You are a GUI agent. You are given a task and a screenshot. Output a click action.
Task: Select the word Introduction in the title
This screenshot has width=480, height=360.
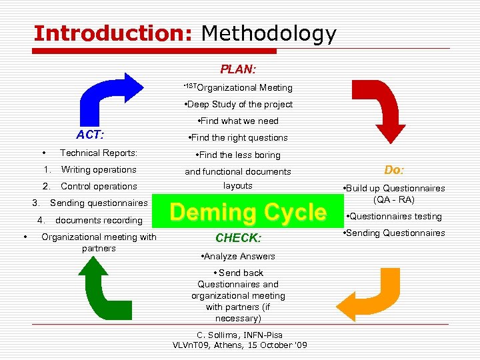(x=112, y=33)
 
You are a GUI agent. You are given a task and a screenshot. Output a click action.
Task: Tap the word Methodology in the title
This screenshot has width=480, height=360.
(x=269, y=33)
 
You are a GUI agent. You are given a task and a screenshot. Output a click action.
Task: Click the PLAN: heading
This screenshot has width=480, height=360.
(x=239, y=69)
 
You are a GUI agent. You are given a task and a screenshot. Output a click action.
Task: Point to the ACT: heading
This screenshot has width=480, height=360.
(x=90, y=135)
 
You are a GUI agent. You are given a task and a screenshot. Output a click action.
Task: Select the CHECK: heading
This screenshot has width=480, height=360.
(x=238, y=237)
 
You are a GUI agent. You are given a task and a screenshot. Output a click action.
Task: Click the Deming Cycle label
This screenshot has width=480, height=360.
(x=248, y=213)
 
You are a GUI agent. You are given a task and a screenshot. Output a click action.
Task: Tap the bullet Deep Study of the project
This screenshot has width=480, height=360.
(x=238, y=104)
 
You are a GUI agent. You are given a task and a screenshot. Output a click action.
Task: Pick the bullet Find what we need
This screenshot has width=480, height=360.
(x=238, y=121)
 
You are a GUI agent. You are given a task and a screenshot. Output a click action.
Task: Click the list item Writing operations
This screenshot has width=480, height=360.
(x=98, y=169)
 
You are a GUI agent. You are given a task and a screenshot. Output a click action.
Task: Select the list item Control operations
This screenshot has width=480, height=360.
(x=99, y=186)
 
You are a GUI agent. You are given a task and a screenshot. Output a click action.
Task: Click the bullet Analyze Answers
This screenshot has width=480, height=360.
(x=237, y=256)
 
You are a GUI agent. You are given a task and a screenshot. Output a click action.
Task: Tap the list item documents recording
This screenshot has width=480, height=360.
(x=99, y=220)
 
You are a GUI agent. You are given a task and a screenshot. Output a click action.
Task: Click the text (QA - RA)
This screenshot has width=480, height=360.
(x=395, y=199)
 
